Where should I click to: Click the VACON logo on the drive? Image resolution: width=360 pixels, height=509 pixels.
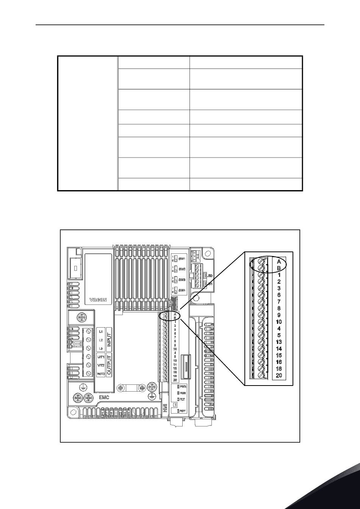(98, 300)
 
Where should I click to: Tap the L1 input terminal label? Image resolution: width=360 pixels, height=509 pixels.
(101, 331)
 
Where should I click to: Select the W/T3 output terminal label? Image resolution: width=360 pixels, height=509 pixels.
(101, 374)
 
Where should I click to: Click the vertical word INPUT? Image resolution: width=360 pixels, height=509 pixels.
(109, 339)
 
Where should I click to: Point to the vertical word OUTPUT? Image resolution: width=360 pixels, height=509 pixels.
(109, 365)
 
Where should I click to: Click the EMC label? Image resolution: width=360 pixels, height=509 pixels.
(104, 398)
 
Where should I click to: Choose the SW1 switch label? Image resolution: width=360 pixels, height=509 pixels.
(182, 258)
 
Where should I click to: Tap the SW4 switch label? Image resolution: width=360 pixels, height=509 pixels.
(182, 290)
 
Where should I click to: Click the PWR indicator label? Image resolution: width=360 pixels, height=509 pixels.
(183, 387)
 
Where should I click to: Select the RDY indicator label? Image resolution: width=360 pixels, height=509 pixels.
(183, 411)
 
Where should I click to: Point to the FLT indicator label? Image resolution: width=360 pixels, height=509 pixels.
(182, 399)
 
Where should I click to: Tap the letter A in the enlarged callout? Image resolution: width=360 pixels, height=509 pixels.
(279, 261)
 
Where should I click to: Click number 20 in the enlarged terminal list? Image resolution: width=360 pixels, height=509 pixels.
(279, 375)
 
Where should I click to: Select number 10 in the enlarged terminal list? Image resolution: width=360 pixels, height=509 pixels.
(279, 322)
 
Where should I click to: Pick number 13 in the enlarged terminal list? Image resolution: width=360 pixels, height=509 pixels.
(279, 342)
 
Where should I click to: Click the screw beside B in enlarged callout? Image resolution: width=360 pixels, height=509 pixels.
(261, 268)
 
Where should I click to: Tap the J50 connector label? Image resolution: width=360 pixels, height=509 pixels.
(210, 276)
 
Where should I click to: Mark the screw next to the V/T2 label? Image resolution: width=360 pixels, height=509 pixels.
(89, 365)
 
